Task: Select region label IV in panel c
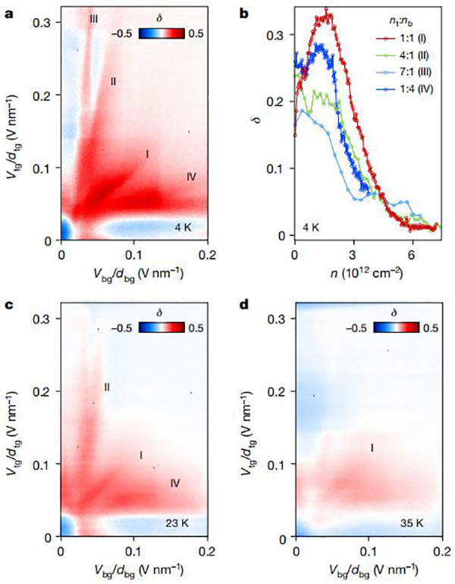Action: click(x=175, y=482)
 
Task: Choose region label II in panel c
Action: click(x=107, y=387)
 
